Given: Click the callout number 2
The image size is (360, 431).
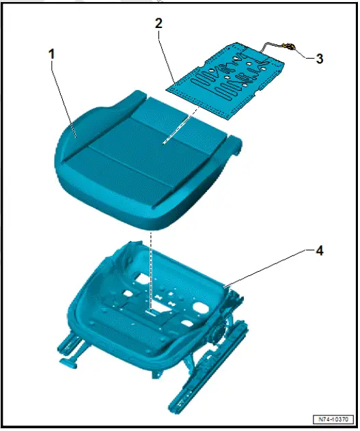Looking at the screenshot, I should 158,23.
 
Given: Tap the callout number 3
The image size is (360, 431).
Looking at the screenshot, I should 319,59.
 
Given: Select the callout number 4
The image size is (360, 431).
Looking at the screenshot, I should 319,251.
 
